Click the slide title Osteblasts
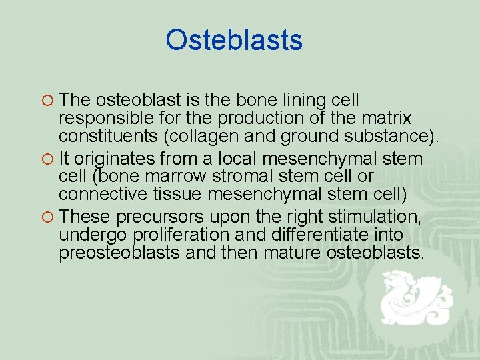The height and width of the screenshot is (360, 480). coord(234,40)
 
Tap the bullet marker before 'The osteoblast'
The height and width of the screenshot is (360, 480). coord(48,101)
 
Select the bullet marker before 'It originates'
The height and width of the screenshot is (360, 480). coord(48,159)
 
